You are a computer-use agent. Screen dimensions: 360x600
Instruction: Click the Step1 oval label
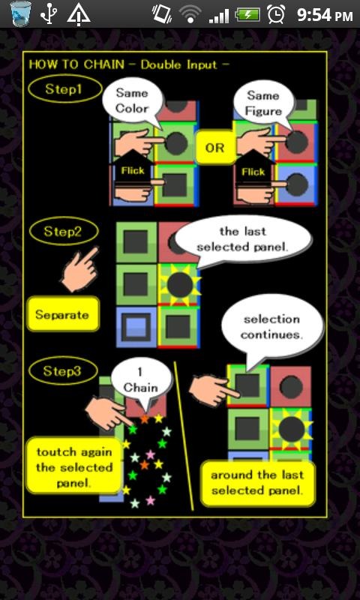65,88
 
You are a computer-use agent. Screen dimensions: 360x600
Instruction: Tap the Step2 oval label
64,231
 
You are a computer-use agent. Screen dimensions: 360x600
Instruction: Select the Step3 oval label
63,370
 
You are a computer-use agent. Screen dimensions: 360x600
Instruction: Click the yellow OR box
215,147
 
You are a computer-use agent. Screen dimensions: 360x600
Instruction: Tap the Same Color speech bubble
132,101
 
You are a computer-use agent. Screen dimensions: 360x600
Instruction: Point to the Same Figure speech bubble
264,103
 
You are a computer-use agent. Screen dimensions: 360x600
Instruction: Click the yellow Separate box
62,314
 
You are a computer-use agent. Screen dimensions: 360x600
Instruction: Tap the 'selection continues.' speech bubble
271,327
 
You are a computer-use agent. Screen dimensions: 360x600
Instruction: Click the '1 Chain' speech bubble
142,381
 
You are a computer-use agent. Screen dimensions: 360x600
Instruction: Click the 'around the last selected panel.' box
258,483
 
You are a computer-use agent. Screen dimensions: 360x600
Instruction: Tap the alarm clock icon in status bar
276,15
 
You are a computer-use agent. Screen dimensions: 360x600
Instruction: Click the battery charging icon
247,15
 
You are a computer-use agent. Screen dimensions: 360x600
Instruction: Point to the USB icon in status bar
48,14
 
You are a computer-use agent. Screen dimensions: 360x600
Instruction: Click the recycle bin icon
21,14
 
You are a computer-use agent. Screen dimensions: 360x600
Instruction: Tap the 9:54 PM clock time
325,15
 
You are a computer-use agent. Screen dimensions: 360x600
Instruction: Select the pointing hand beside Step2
80,269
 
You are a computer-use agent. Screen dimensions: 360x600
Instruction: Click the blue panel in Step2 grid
136,327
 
